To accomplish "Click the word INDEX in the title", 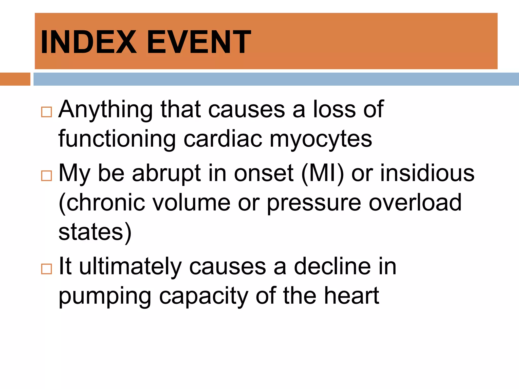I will pyautogui.click(x=88, y=42).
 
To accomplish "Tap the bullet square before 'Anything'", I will pyautogui.click(x=46, y=112).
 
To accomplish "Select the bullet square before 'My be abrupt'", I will pyautogui.click(x=46, y=176).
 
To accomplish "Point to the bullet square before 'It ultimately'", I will pyautogui.click(x=46, y=269).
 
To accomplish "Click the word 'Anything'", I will pyautogui.click(x=105, y=110).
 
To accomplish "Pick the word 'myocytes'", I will pyautogui.click(x=321, y=139).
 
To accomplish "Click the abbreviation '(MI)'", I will pyautogui.click(x=323, y=174).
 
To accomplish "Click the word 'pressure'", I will pyautogui.click(x=314, y=203).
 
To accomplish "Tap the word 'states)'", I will pyautogui.click(x=95, y=232).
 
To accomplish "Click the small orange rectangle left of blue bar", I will pyautogui.click(x=15, y=79).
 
